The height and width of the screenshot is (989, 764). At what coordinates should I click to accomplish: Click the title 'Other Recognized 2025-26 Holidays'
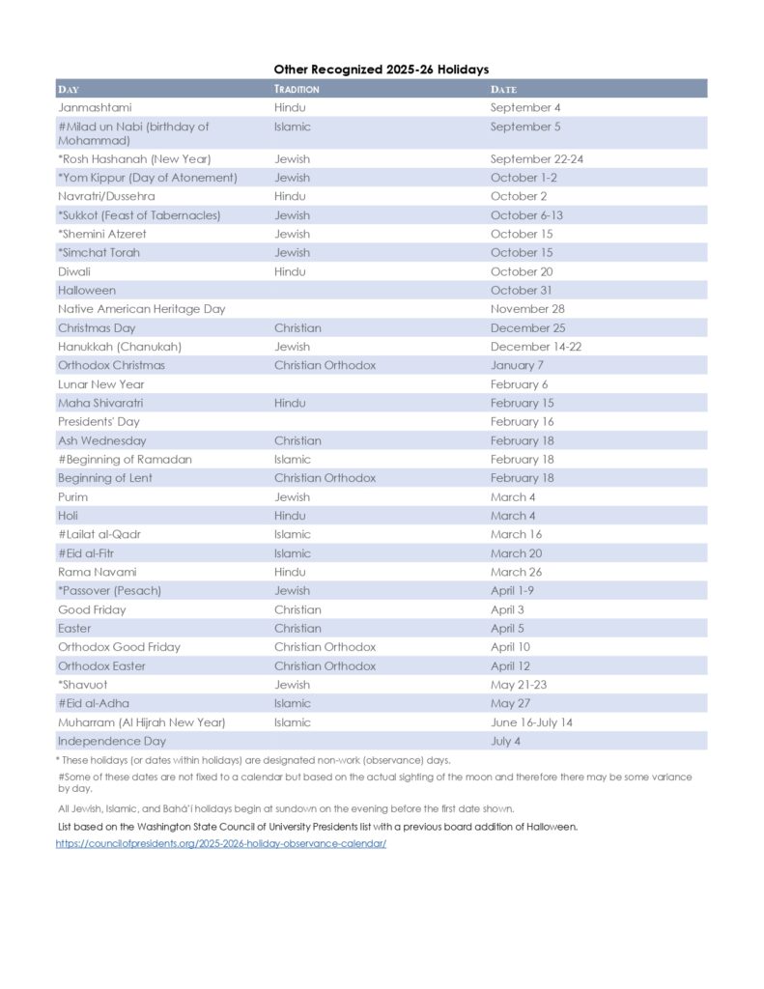(381, 70)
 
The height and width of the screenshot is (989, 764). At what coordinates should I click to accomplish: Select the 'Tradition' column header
(297, 89)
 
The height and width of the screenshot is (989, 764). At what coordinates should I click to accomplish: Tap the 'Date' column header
(503, 89)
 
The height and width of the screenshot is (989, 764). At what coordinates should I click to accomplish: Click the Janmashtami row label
(95, 107)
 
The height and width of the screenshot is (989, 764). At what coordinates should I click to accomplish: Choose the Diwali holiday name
(74, 271)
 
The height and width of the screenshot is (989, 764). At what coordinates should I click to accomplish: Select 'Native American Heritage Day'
(141, 309)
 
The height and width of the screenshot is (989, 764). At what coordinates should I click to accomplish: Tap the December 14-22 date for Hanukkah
(536, 347)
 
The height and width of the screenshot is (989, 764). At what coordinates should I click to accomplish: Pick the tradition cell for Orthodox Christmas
(325, 365)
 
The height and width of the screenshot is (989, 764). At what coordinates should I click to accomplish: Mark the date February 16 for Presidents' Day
(522, 422)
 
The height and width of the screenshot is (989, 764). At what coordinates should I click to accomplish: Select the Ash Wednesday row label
(102, 440)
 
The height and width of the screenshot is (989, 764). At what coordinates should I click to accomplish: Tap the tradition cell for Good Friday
(297, 609)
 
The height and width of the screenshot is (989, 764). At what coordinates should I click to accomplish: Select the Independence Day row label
(112, 741)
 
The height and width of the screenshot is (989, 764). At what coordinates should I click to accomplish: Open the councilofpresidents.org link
(221, 843)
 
